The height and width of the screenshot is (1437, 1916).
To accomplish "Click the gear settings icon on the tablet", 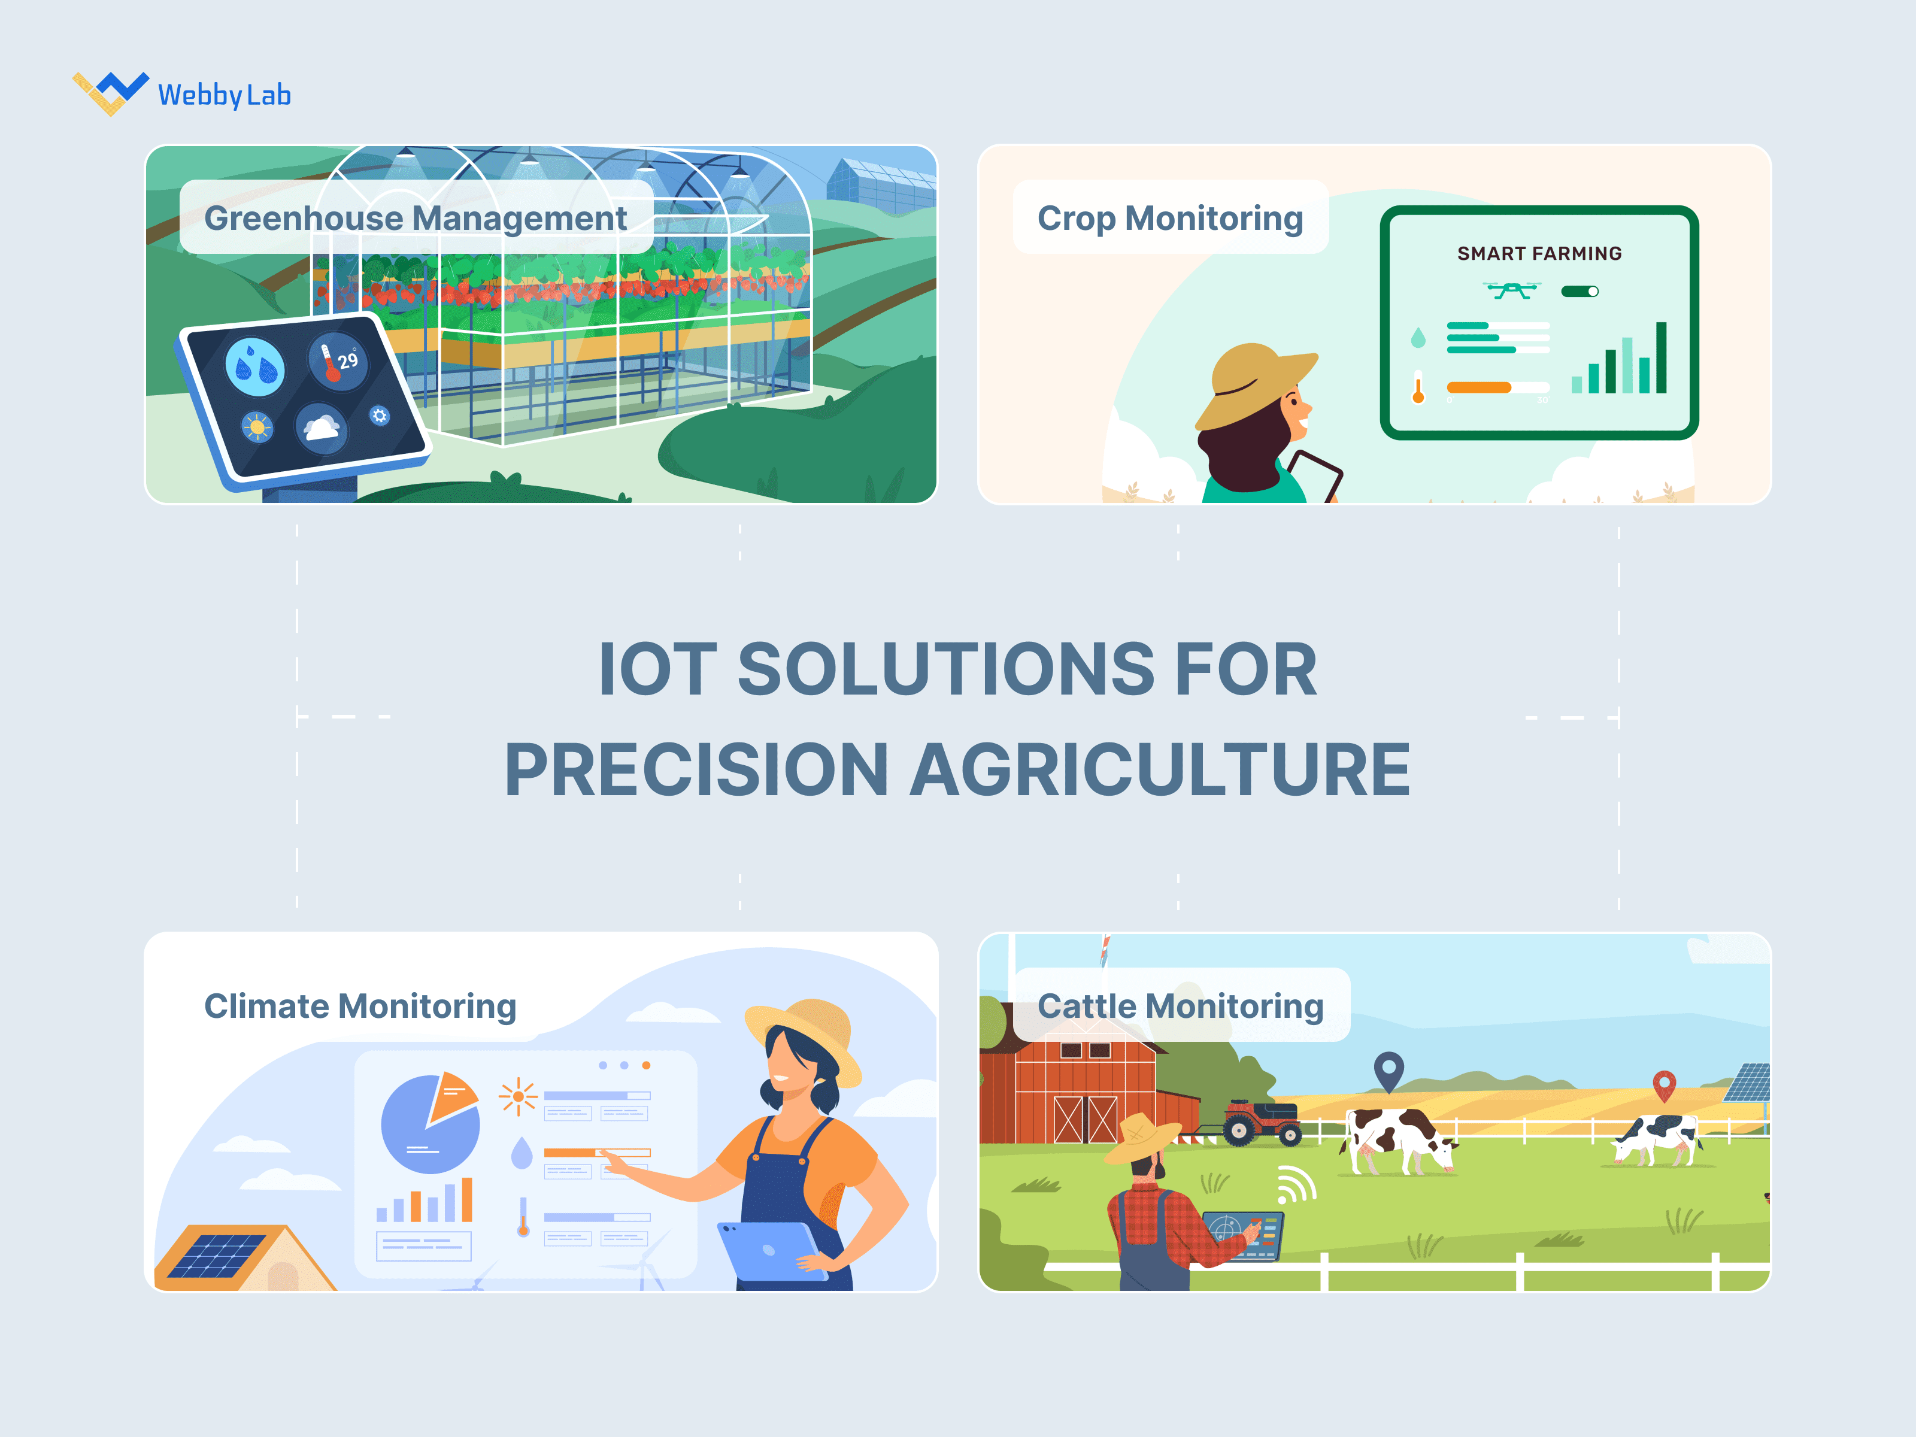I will click(x=380, y=416).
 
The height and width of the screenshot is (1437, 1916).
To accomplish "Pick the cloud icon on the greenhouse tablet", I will click(x=322, y=427).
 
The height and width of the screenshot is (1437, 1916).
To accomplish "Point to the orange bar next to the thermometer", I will click(x=1478, y=387).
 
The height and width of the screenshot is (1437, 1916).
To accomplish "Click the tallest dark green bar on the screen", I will click(x=1660, y=357).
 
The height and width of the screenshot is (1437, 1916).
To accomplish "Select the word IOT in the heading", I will click(x=657, y=669).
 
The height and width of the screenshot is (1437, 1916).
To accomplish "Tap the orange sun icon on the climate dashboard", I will click(x=518, y=1096).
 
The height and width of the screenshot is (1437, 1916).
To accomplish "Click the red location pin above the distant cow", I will click(x=1664, y=1084).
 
